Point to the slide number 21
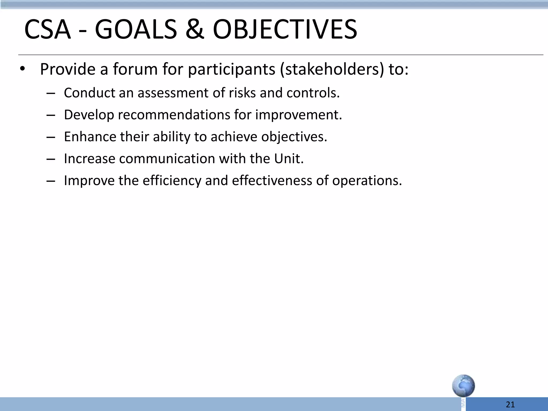[510, 405]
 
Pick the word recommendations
[174, 115]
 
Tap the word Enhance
[90, 137]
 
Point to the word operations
[367, 181]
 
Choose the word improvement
[298, 115]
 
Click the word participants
[231, 69]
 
